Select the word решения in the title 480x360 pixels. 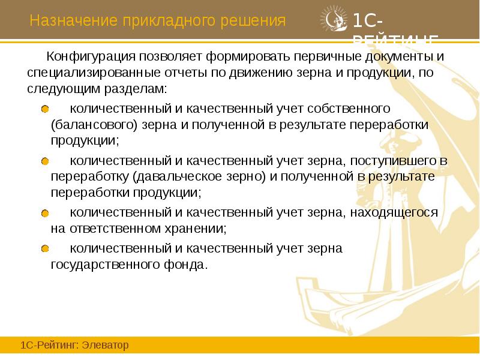[255, 22]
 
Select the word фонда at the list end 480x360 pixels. [188, 265]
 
